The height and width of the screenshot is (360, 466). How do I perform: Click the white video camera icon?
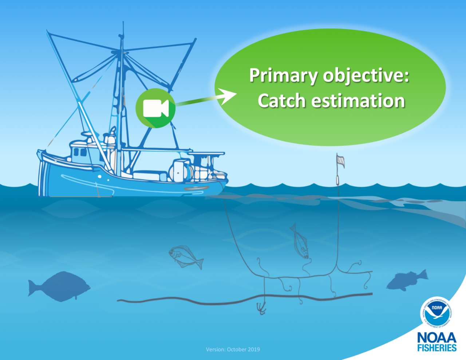coord(155,108)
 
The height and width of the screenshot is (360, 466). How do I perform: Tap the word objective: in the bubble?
coord(366,76)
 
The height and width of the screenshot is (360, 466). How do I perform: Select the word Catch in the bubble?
coord(281,101)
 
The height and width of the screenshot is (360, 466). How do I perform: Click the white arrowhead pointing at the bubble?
coord(228,95)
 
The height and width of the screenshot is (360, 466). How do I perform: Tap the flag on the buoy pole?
coord(340,161)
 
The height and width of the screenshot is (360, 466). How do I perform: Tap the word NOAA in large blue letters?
coord(437,337)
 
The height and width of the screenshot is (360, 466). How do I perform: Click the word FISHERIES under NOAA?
coord(437,348)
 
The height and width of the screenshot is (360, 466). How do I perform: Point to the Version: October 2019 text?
coord(233,349)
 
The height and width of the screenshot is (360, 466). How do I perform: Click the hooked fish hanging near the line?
coord(299,241)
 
